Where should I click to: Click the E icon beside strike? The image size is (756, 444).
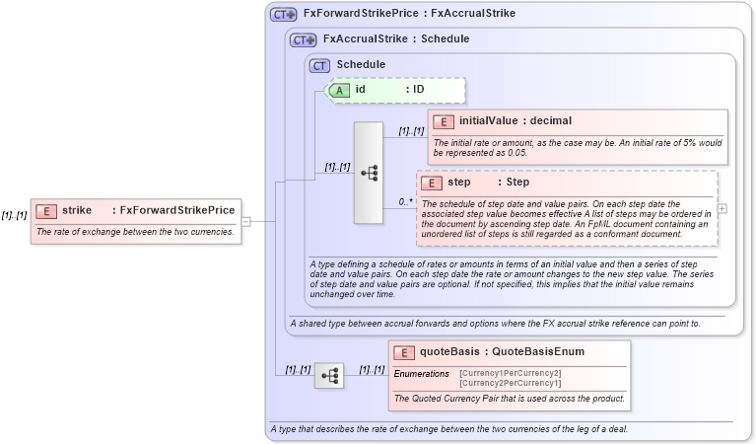click(x=46, y=210)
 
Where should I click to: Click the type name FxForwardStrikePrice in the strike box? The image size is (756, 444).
click(x=176, y=210)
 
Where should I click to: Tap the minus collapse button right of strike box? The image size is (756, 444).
click(x=245, y=222)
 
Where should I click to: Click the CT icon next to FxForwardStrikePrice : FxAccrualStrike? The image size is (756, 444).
click(x=284, y=15)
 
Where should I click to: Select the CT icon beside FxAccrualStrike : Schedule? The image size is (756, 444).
click(x=303, y=39)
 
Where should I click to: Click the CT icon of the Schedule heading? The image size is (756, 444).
click(x=319, y=65)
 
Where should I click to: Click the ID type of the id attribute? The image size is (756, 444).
click(x=418, y=90)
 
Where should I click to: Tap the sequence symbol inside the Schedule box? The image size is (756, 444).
click(x=369, y=173)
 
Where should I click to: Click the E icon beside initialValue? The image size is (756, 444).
click(x=444, y=121)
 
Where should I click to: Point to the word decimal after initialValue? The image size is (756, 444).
click(x=551, y=121)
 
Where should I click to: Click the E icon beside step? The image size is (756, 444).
click(x=431, y=183)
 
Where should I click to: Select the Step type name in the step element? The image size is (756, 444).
click(x=517, y=183)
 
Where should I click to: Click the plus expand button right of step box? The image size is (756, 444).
click(x=722, y=208)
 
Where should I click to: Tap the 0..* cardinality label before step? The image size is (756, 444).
click(x=405, y=201)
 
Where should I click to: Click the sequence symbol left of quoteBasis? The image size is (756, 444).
click(x=329, y=375)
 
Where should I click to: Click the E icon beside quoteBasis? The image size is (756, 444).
click(x=404, y=352)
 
